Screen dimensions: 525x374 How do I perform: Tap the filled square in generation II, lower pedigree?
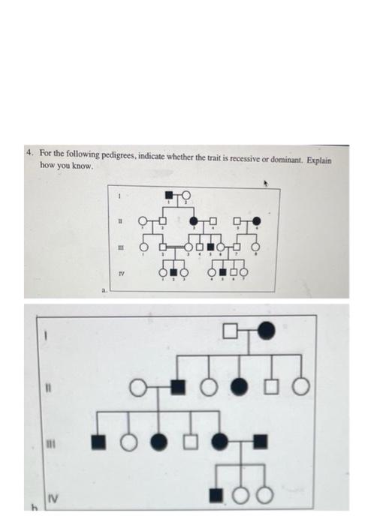point(177,387)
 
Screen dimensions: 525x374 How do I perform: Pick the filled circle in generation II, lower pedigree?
point(239,387)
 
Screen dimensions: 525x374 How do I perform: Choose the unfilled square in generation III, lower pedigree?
point(191,442)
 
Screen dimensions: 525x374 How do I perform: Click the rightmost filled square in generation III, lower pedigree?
point(258,442)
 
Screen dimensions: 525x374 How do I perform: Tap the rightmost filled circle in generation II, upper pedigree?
point(257,220)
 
